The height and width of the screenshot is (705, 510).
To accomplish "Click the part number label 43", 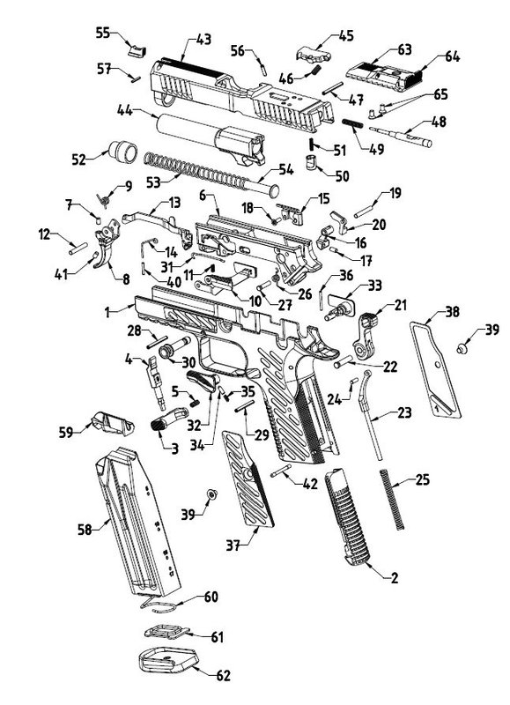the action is [203, 40].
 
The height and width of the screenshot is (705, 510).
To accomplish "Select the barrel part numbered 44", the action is [211, 137].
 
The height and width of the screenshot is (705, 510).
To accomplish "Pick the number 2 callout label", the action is [394, 577].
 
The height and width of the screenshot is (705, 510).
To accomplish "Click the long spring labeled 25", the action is [392, 499].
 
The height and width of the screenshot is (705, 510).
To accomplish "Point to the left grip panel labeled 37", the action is [248, 479].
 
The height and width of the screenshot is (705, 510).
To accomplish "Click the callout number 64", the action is [452, 57].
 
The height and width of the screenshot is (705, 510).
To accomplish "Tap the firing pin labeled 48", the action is [401, 136].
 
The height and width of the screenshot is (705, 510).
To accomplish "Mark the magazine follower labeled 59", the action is [113, 423].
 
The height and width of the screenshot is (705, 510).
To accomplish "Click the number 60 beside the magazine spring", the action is [211, 597].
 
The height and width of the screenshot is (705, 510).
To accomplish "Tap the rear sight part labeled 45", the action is [314, 54].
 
